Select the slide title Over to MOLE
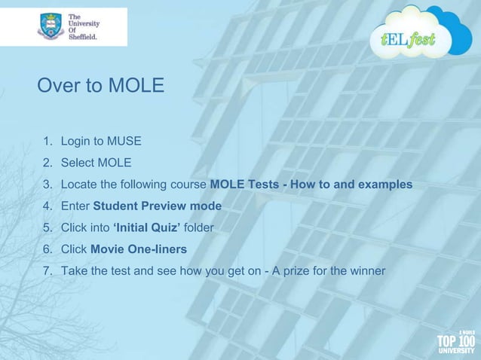[100, 86]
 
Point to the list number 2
[46, 163]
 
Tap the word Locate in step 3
[78, 185]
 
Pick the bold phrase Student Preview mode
[157, 206]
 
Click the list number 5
[46, 227]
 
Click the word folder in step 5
[199, 227]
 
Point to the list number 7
[46, 271]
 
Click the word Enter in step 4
[75, 206]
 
